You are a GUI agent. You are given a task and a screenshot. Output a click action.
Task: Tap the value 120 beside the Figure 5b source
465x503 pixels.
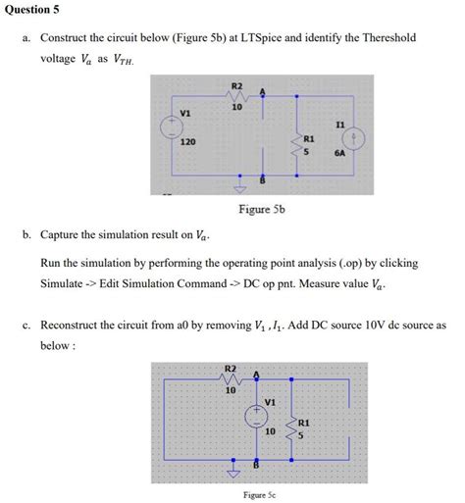click(185, 142)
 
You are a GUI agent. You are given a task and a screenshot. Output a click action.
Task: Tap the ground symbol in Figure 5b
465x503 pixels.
click(235, 189)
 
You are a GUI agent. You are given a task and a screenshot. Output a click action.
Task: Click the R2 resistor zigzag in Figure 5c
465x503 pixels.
click(232, 378)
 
